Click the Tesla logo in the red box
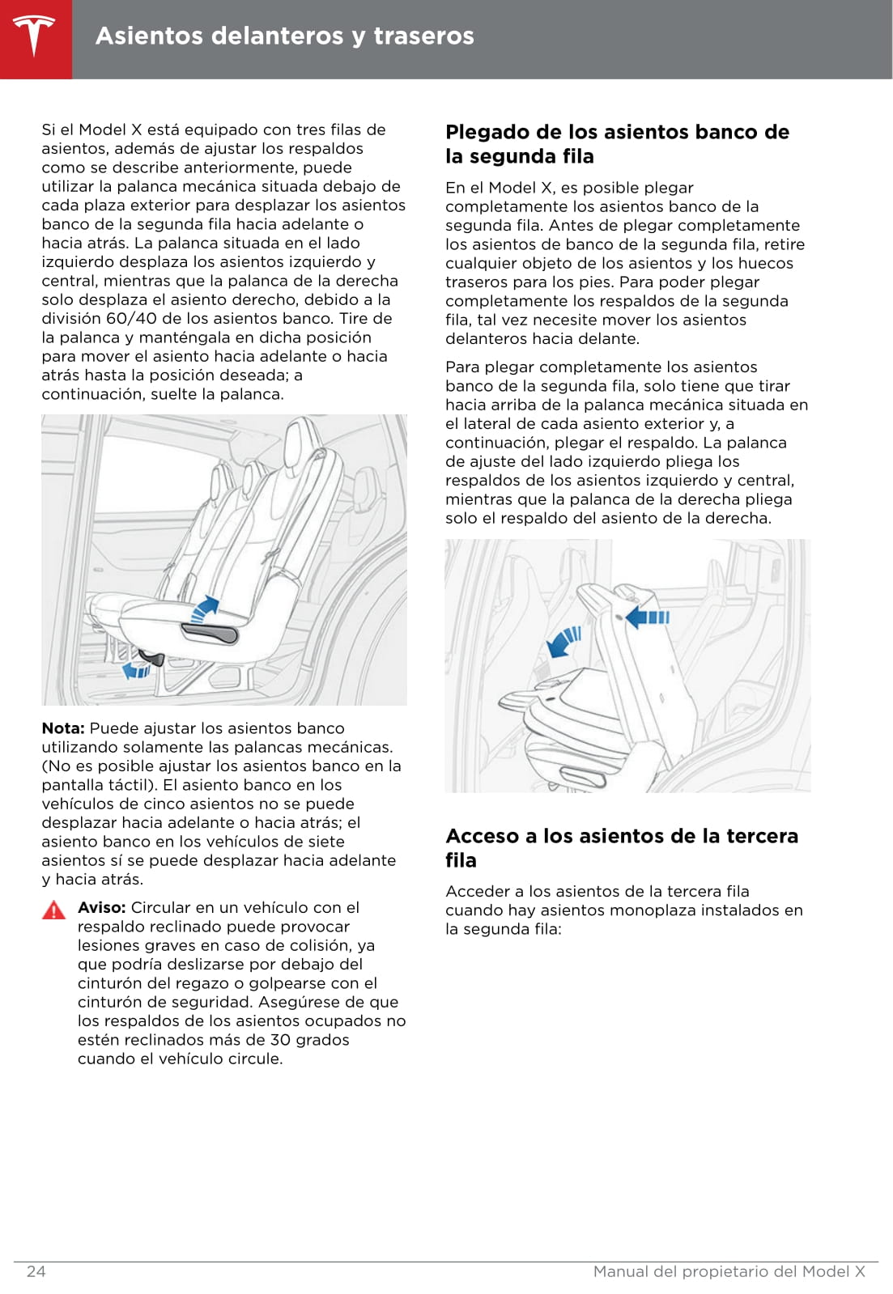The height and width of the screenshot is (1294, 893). pyautogui.click(x=35, y=36)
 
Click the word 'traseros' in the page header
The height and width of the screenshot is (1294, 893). pyautogui.click(x=423, y=36)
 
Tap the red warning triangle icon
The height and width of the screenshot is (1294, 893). pyautogui.click(x=53, y=910)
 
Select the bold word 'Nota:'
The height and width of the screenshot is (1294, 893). pyautogui.click(x=63, y=728)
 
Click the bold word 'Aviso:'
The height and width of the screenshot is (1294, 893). pyautogui.click(x=101, y=908)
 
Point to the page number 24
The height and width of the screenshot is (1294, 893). pyautogui.click(x=36, y=1271)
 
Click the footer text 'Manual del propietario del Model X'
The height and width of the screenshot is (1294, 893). pyautogui.click(x=729, y=1271)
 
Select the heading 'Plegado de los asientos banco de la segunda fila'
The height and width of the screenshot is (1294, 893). pyautogui.click(x=617, y=144)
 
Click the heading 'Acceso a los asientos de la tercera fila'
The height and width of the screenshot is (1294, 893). pyautogui.click(x=622, y=847)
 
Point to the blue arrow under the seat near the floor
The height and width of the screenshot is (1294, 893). pyautogui.click(x=136, y=670)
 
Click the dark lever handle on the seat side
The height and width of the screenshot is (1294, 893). pyautogui.click(x=212, y=634)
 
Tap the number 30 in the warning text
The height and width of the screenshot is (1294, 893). pyautogui.click(x=280, y=1040)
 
